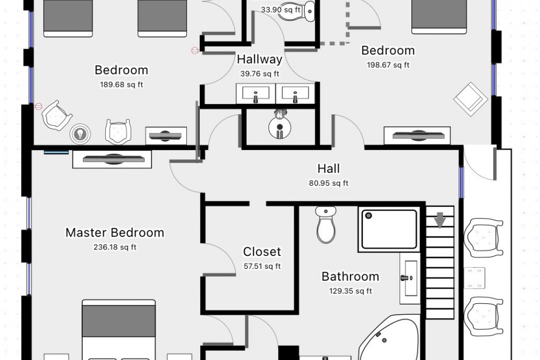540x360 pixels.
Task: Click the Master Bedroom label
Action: point(114,233)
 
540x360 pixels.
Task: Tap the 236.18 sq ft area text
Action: point(114,247)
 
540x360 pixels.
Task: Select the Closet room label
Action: point(262,252)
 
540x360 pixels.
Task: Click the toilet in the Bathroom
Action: point(326,225)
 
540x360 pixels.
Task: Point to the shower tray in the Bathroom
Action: point(389,229)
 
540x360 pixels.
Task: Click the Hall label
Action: point(328,168)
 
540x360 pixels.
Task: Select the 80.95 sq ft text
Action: point(328,183)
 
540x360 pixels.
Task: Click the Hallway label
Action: point(260,59)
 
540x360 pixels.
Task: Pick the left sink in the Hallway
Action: point(255,93)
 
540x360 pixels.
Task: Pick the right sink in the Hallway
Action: point(295,93)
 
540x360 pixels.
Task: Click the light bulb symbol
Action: point(80,133)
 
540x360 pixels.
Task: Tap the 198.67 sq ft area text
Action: point(388,65)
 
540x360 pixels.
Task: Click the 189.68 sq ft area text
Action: point(122,84)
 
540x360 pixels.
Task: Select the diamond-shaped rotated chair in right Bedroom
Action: point(470,99)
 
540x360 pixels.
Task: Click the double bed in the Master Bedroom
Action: point(119,330)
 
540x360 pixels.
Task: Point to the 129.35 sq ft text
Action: point(350,291)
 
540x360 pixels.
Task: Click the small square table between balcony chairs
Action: point(475,278)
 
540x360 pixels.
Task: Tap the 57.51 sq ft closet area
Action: point(262,266)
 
